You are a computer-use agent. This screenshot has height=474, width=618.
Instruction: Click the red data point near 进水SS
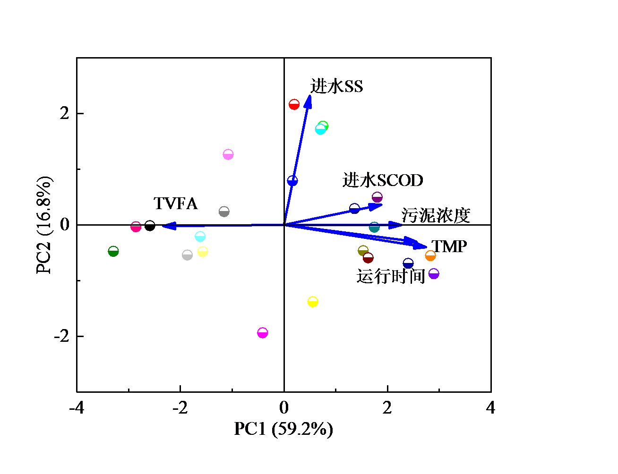pos(294,104)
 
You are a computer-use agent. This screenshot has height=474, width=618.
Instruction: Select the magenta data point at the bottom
pos(263,333)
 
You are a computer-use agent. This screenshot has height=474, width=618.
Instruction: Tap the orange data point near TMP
pos(430,256)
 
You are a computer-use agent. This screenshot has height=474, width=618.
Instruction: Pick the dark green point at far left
pos(113,251)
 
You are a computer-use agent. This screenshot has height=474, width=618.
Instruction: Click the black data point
pos(150,226)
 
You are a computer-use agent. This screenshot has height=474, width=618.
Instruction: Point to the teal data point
pos(374,228)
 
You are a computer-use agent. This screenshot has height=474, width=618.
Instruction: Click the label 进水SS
pos(336,86)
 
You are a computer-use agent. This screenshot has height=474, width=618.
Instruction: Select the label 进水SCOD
pos(383,180)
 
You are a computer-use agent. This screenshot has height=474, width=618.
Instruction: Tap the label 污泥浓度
pos(436,215)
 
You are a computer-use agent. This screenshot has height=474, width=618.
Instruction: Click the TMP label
pos(449,246)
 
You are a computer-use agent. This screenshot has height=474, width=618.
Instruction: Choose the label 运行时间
pos(391,276)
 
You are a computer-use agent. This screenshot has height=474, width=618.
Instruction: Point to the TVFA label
pos(175,203)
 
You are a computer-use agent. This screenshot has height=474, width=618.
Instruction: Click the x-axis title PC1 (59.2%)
pos(283,429)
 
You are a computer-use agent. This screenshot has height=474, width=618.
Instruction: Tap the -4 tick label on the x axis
pos(77,407)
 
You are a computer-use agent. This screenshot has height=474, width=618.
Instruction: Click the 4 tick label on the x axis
pos(490,407)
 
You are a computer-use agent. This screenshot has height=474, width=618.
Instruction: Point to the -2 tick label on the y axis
pos(62,336)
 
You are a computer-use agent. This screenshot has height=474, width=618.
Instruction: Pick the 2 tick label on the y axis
pos(65,113)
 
